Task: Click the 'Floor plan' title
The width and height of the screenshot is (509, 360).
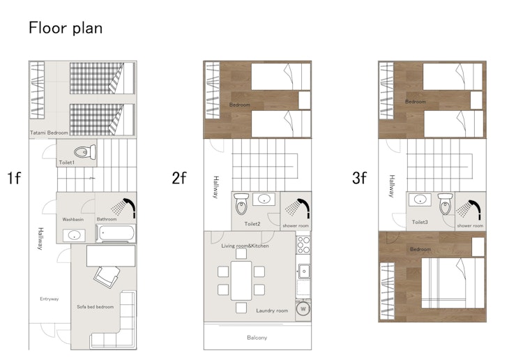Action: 66,28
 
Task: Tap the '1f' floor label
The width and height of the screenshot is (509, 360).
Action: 14,178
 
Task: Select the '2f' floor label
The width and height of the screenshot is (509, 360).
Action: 179,178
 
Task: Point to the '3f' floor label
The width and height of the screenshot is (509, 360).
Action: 359,178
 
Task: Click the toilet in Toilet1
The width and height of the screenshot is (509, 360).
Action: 85,151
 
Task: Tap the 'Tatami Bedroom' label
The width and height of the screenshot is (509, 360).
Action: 49,133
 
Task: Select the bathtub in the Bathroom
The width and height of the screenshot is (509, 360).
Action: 116,233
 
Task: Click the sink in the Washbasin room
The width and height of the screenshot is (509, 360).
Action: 74,235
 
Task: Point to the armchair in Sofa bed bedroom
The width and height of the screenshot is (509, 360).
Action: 107,276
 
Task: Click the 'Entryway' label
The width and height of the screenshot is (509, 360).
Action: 50,299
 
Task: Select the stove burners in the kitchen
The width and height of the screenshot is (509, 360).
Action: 303,245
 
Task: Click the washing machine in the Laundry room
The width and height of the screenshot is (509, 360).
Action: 303,308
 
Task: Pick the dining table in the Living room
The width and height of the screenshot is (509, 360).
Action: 241,280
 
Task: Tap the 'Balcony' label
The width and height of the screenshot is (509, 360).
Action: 257,338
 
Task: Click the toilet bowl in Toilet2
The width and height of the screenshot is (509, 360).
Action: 241,204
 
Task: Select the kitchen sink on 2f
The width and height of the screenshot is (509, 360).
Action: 304,271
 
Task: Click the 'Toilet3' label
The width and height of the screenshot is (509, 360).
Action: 420,223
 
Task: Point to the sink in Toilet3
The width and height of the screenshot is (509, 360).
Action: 420,200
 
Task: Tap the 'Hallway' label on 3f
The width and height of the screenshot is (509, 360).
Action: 392,186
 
